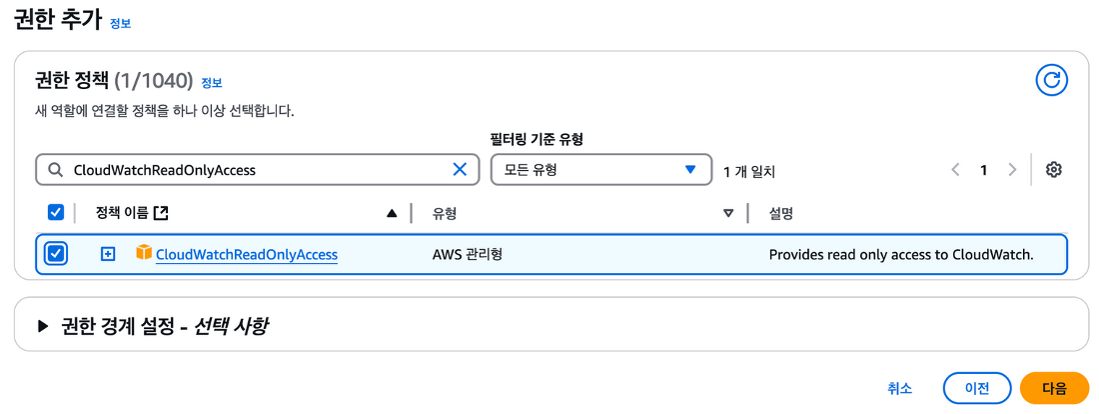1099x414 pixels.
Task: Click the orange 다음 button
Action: click(1054, 388)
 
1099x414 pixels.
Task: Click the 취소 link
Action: click(899, 388)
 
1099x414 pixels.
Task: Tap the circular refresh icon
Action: click(1051, 80)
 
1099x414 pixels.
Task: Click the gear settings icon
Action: click(1053, 170)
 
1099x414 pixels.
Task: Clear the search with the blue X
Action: click(460, 170)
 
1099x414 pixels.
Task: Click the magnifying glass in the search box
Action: click(54, 170)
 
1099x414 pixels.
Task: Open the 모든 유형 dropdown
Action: click(600, 170)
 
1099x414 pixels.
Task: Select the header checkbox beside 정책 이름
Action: click(56, 212)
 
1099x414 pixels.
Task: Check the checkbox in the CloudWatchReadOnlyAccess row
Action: click(56, 254)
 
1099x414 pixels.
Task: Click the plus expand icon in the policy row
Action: click(108, 254)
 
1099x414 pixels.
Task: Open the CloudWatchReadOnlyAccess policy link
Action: click(247, 255)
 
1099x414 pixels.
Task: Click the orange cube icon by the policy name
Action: click(144, 254)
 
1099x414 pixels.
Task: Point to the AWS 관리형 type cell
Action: click(467, 255)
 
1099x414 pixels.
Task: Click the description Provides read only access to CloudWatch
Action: click(900, 255)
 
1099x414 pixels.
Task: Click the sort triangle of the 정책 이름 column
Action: click(392, 213)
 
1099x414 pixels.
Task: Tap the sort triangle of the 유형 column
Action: click(728, 213)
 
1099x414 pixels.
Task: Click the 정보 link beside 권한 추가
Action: click(120, 23)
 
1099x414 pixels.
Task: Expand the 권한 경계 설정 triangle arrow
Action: click(42, 325)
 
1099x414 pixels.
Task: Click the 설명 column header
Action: click(781, 213)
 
